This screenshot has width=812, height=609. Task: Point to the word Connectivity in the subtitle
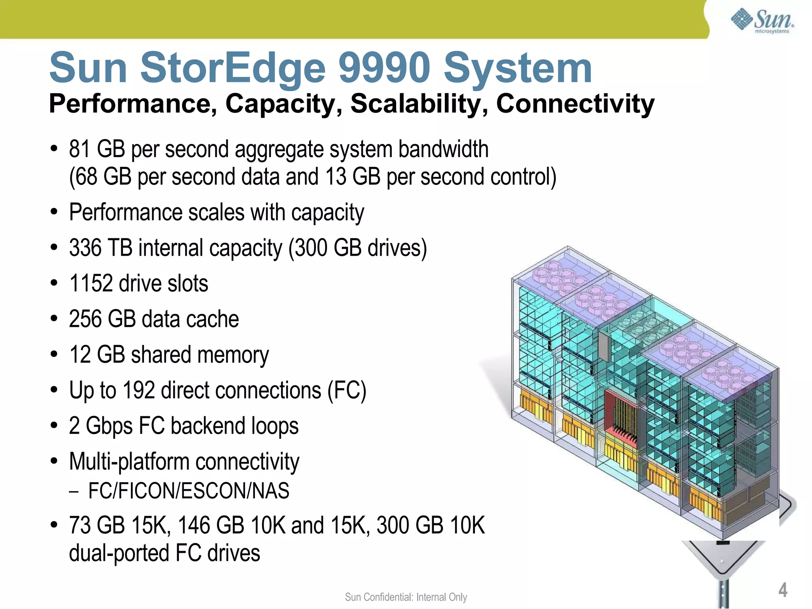tap(575, 104)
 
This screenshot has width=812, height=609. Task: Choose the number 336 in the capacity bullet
tap(85, 248)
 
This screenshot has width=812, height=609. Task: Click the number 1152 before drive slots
tap(91, 283)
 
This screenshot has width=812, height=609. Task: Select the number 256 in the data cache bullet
tap(85, 319)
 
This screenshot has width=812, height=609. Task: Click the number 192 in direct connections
tap(138, 391)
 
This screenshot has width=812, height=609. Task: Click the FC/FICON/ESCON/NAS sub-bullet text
tap(189, 491)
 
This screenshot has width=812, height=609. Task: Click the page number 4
tap(783, 590)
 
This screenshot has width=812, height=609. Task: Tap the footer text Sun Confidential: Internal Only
tap(406, 597)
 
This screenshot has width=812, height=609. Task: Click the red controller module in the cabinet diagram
tap(620, 416)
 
